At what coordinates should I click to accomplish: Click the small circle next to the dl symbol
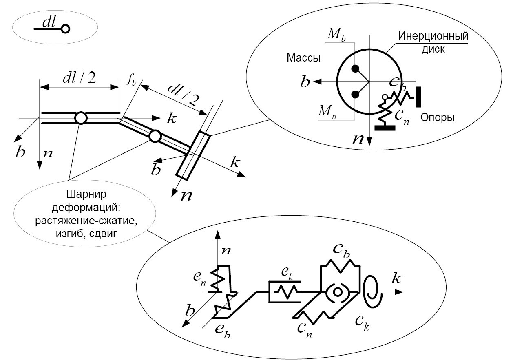coord(65,29)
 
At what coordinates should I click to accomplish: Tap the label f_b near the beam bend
coord(130,80)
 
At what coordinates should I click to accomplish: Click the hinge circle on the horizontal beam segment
coord(81,118)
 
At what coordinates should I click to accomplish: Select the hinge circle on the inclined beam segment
coord(154,136)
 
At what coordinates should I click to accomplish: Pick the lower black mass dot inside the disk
coord(355,95)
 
